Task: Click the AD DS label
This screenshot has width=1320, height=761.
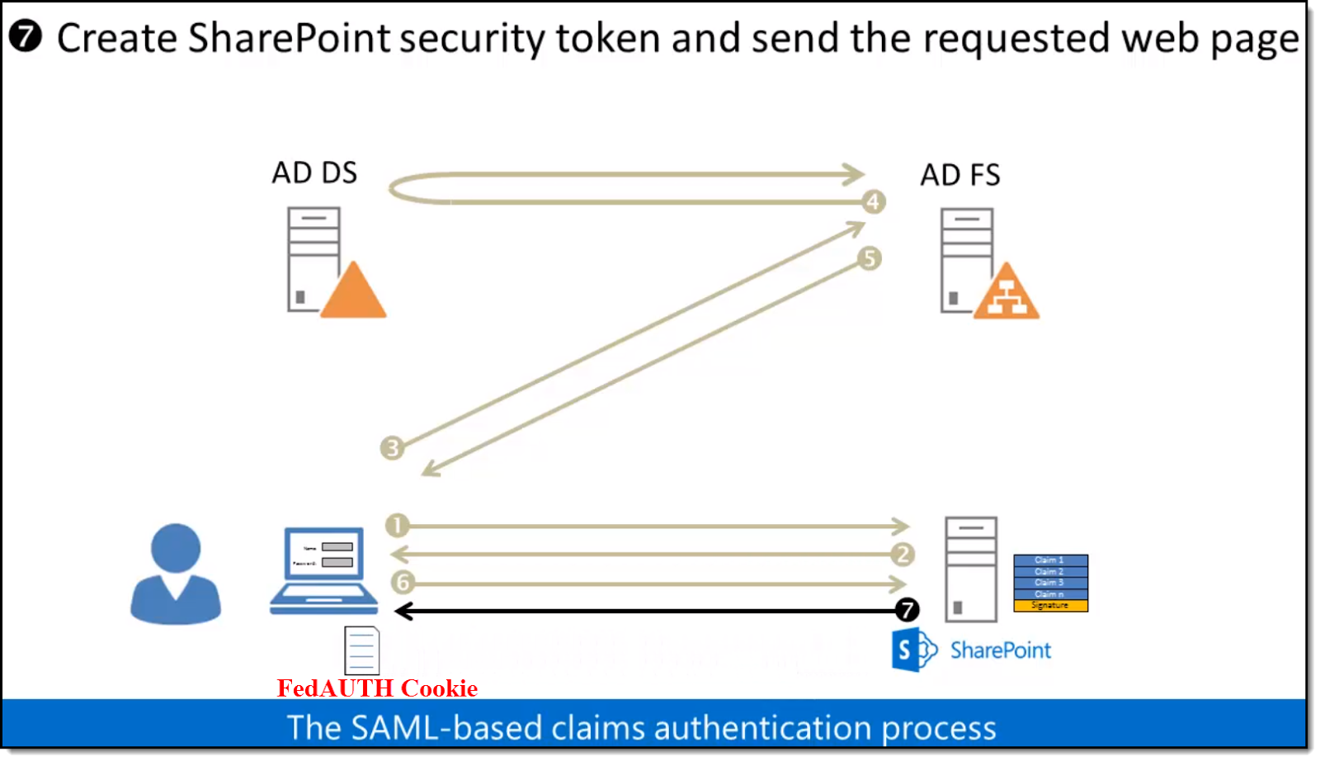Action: [x=314, y=173]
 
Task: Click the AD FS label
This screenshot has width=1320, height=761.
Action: [x=960, y=176]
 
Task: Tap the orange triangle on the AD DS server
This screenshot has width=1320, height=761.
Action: [x=353, y=293]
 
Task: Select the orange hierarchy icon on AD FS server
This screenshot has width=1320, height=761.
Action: [x=1006, y=294]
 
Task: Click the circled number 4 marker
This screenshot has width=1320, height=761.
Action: [x=873, y=201]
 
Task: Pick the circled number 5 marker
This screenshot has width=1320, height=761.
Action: [x=869, y=258]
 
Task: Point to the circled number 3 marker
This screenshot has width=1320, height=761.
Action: [x=392, y=447]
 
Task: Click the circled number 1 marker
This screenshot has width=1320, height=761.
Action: [x=397, y=525]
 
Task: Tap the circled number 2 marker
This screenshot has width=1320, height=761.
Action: [x=903, y=554]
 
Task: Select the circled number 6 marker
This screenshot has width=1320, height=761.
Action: [x=403, y=582]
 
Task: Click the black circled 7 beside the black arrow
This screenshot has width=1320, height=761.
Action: [x=907, y=610]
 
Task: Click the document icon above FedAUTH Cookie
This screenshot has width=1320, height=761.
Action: [x=362, y=650]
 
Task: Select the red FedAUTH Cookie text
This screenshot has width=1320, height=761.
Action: [x=377, y=688]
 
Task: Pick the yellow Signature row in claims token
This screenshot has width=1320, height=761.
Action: [x=1050, y=606]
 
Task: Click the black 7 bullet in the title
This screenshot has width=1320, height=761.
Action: [x=26, y=36]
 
